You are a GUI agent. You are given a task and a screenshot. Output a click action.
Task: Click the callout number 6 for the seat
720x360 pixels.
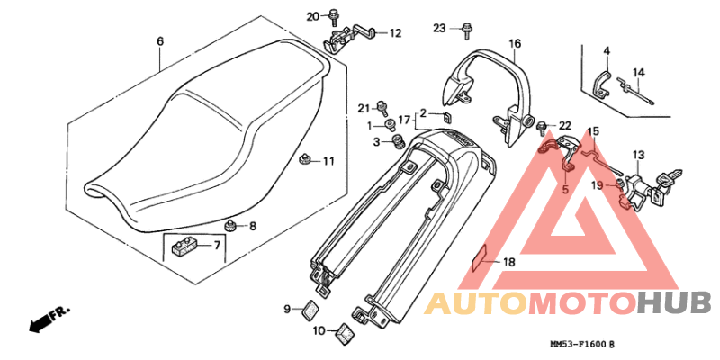(x=160, y=41)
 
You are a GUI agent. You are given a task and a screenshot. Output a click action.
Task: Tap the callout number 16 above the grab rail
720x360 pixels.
(x=515, y=43)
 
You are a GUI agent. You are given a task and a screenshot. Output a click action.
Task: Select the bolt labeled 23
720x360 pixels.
(x=466, y=31)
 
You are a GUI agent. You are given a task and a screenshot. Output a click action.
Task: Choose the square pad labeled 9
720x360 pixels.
(x=310, y=309)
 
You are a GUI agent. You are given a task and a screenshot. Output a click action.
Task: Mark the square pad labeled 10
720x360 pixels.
(x=344, y=334)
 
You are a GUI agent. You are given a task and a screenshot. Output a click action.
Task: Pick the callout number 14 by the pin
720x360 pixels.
(x=639, y=72)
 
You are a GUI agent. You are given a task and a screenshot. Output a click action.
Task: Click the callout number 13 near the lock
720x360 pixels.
(x=638, y=154)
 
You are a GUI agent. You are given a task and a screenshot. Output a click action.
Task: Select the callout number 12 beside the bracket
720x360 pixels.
(x=395, y=33)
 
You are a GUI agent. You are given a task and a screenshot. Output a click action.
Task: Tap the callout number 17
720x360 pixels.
(x=404, y=119)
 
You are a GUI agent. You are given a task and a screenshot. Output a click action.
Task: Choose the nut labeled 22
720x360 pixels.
(x=545, y=123)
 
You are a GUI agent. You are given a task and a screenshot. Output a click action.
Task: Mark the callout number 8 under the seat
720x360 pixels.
(x=253, y=227)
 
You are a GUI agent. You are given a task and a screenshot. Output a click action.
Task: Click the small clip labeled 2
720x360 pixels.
(x=445, y=115)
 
